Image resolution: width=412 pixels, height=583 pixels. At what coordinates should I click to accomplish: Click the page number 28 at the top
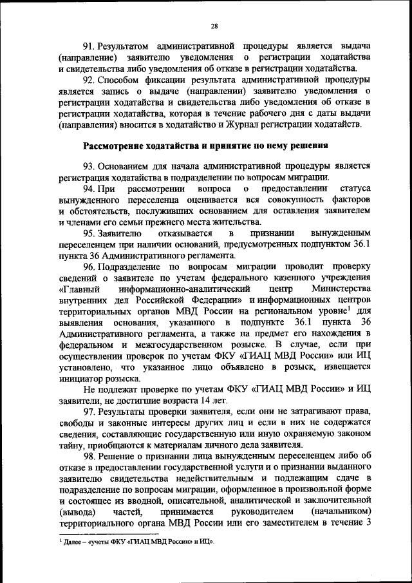tap(214, 26)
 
